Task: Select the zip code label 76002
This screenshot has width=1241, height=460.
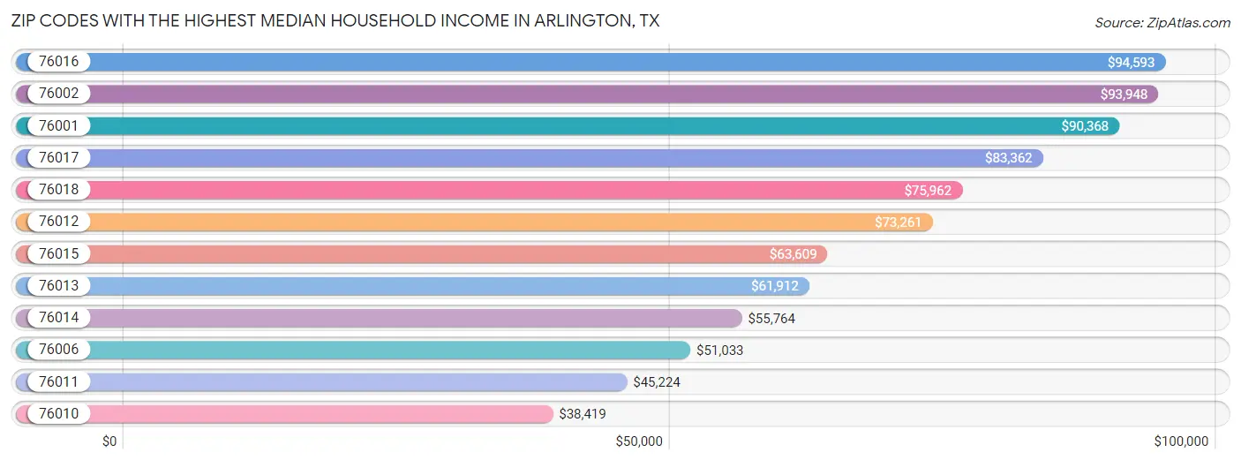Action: (x=58, y=94)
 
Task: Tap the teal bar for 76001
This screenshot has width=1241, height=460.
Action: (x=574, y=126)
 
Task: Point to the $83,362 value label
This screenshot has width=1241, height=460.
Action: (x=1008, y=158)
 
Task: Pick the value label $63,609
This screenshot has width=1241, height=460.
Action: (x=792, y=254)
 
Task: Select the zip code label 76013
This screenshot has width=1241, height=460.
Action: (x=58, y=285)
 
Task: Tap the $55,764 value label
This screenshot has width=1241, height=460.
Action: (x=771, y=318)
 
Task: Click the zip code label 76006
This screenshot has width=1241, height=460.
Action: (x=58, y=350)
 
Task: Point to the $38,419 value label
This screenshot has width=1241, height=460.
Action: (x=583, y=413)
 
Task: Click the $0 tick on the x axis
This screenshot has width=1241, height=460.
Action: (x=110, y=441)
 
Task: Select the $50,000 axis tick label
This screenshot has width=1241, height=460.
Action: (x=639, y=441)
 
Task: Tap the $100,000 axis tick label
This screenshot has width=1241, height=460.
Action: (x=1181, y=441)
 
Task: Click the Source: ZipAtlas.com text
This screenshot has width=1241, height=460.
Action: (x=1162, y=22)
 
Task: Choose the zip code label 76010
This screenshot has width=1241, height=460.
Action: (x=58, y=413)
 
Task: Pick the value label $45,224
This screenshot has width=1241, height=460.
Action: (x=657, y=381)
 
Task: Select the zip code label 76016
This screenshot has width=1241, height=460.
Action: (x=58, y=62)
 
